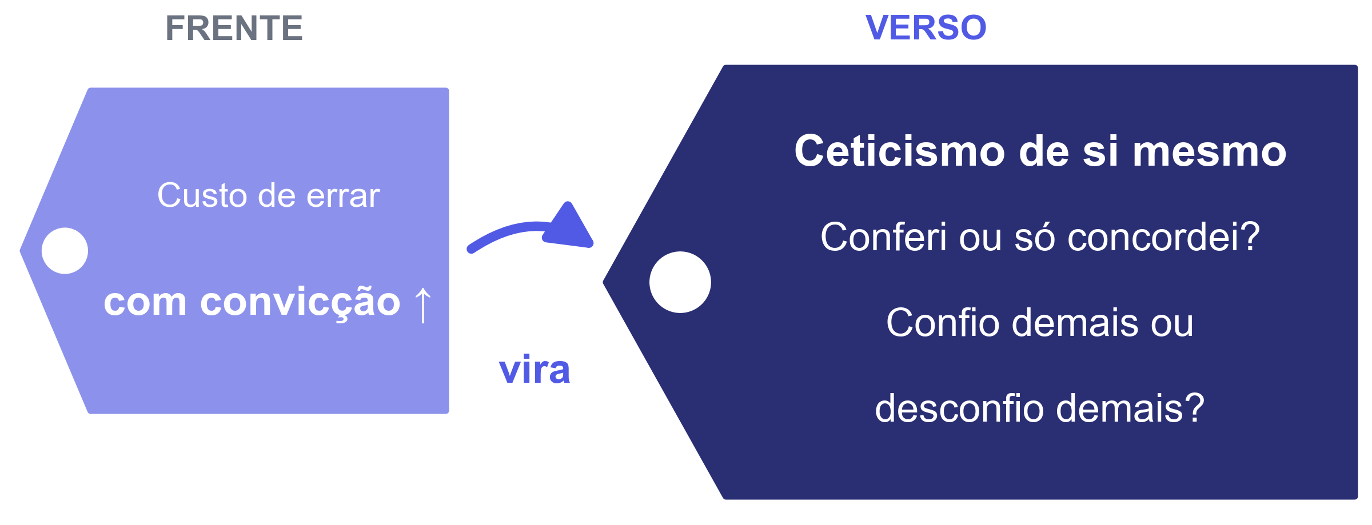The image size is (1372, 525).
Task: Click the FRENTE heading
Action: (234, 28)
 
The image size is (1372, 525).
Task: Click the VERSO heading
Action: (926, 27)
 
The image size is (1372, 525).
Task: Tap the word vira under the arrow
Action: (535, 370)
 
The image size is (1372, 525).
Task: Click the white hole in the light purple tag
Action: (65, 251)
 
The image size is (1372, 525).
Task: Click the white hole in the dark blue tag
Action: (680, 282)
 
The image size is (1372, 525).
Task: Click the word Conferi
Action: (883, 237)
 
